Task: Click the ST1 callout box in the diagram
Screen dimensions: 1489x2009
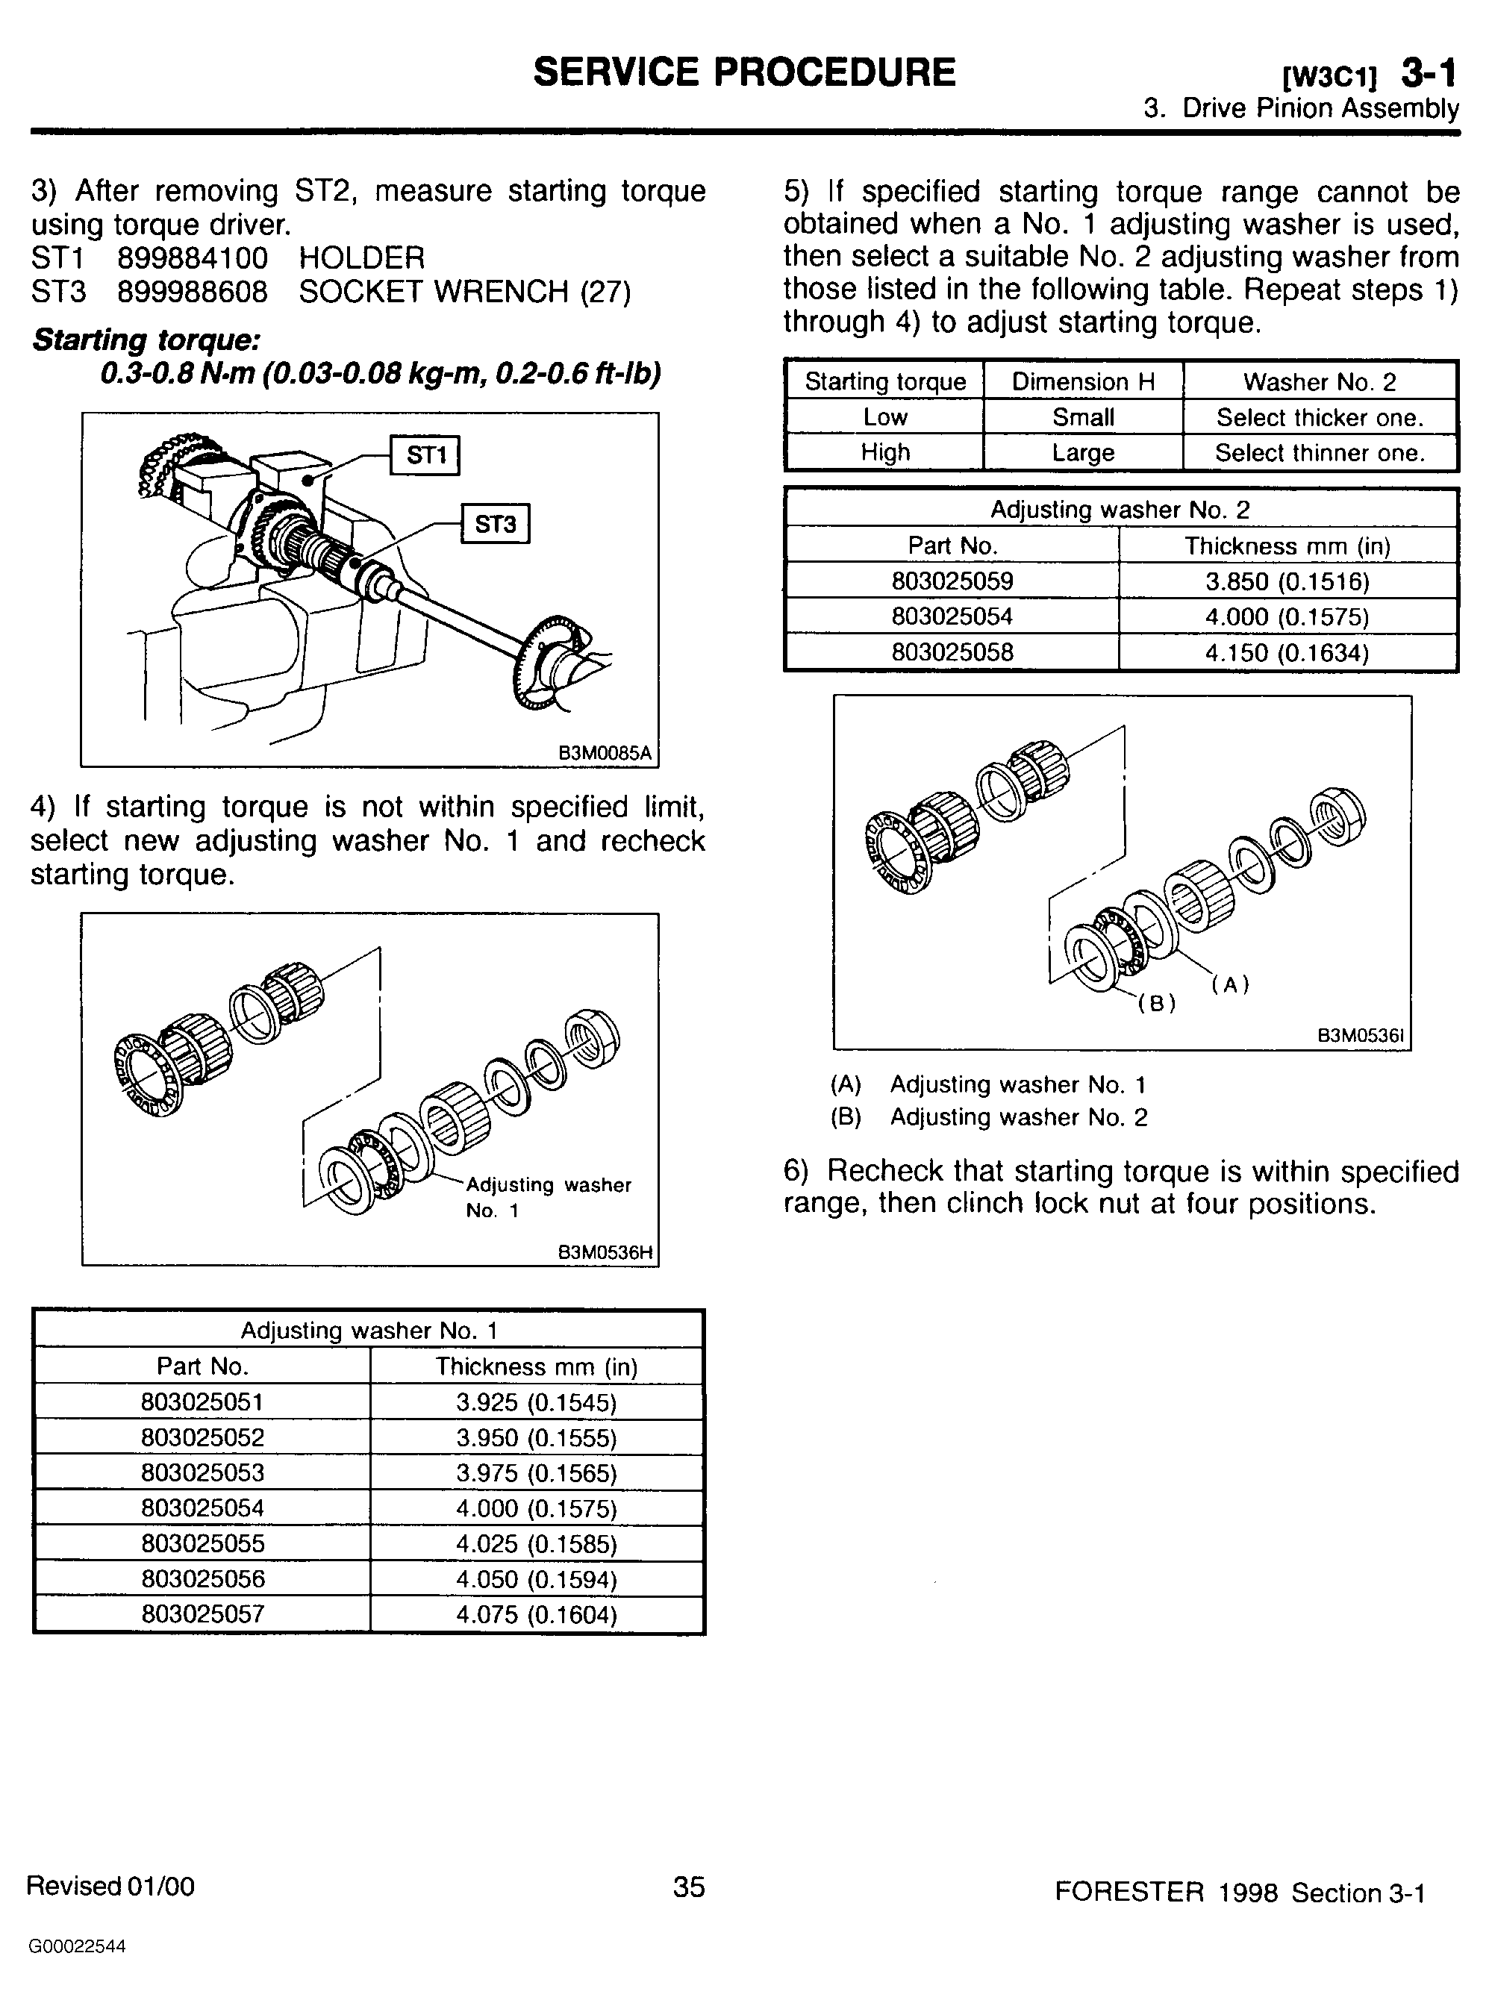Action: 425,454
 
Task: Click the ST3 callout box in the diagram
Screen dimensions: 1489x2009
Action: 495,524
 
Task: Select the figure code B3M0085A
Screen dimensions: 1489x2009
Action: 605,752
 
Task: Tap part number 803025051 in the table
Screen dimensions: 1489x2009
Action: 202,1402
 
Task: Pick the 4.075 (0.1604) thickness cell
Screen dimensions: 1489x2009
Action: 537,1613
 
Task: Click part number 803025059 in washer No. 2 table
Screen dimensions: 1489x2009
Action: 952,581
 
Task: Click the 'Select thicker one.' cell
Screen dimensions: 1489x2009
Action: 1320,417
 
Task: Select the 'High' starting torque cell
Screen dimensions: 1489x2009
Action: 884,452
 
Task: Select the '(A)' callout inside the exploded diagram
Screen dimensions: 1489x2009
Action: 1229,984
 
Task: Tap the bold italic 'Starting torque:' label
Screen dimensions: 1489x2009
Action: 147,340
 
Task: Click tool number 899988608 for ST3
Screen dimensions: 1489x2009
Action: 193,291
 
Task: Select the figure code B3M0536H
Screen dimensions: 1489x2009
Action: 605,1252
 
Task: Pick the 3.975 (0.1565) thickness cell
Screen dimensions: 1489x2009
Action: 537,1472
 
